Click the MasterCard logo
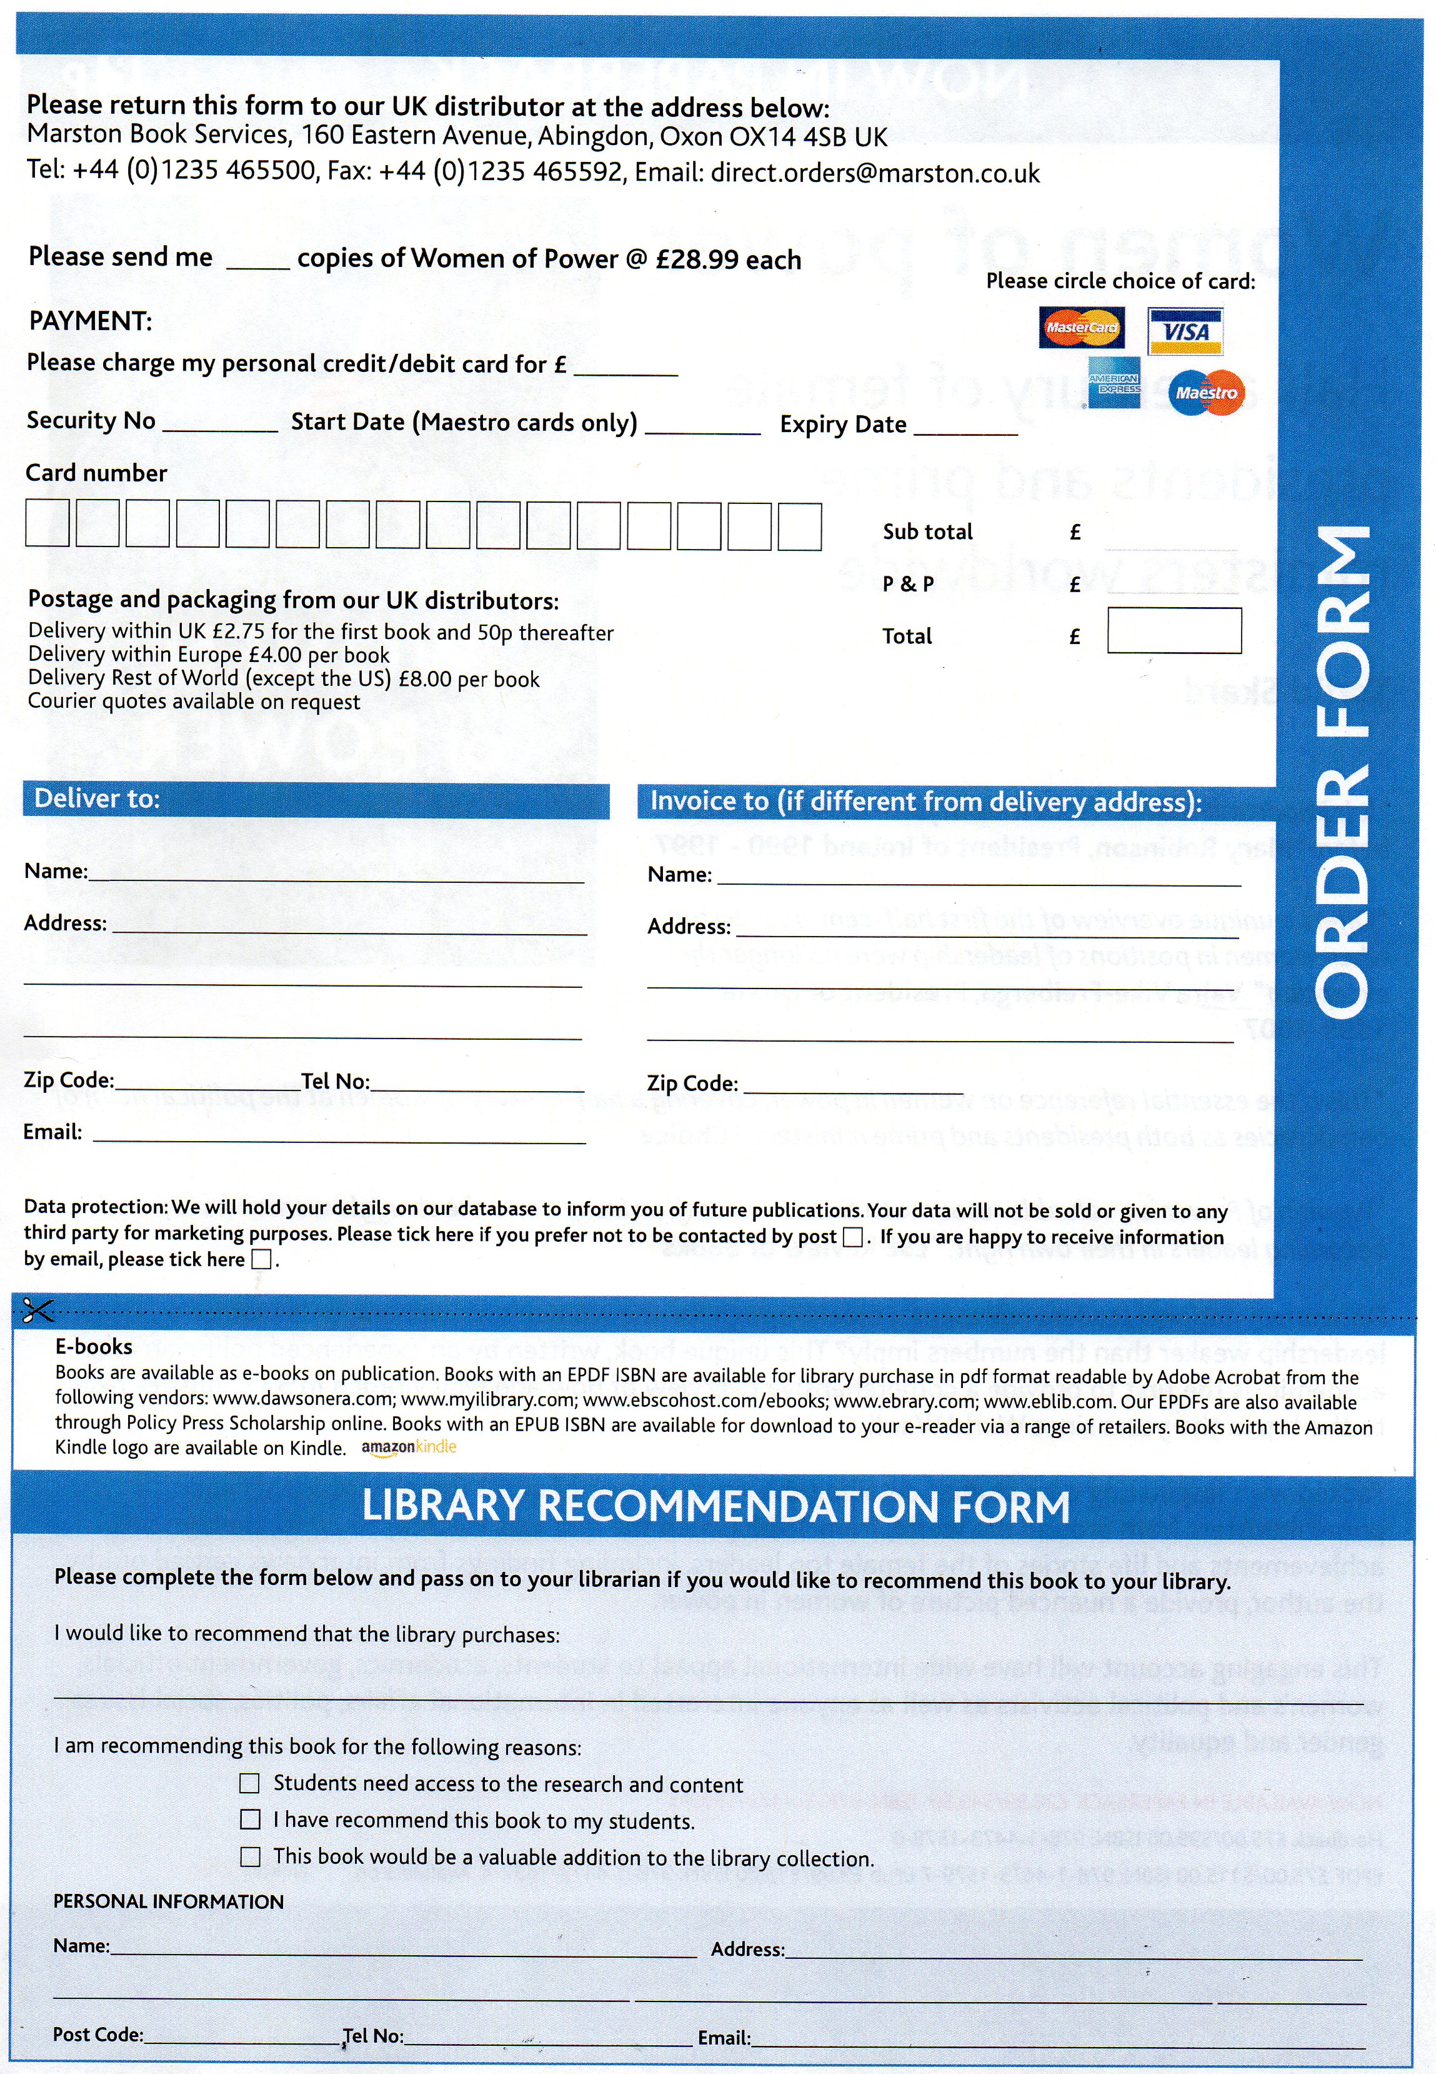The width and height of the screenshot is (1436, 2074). click(x=1080, y=328)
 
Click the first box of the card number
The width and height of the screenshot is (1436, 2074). click(x=47, y=524)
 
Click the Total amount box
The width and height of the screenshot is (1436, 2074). click(x=1174, y=631)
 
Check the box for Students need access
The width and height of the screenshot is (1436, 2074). click(x=249, y=1783)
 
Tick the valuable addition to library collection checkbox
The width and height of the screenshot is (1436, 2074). click(x=249, y=1857)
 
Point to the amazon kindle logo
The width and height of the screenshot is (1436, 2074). click(x=409, y=1447)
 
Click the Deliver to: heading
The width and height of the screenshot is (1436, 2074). click(x=96, y=798)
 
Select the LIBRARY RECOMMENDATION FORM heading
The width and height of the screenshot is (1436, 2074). click(x=716, y=1507)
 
